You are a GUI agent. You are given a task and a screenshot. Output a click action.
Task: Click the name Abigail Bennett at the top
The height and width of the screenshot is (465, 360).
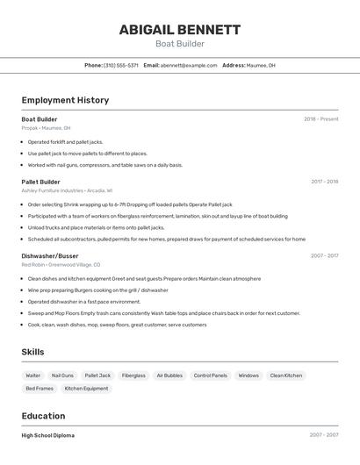tap(180, 30)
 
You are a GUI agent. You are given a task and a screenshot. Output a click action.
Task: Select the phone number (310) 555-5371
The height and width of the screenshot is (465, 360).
tap(120, 65)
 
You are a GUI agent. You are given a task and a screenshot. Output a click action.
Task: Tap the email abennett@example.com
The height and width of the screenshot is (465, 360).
tap(189, 65)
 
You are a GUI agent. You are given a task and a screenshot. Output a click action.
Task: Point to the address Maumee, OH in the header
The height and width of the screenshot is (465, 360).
tap(261, 65)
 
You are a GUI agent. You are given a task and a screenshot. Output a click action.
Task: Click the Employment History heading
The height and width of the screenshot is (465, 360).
tap(65, 100)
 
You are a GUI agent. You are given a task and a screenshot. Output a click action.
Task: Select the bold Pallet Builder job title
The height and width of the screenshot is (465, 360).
tap(41, 182)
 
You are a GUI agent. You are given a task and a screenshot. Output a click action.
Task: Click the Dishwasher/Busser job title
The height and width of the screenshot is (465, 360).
tap(50, 256)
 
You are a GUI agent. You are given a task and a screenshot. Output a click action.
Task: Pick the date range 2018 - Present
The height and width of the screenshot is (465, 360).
tap(320, 119)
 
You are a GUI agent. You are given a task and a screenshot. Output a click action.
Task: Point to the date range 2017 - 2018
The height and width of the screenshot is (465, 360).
tap(324, 182)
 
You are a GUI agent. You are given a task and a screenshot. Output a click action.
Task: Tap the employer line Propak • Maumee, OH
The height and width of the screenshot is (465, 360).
tap(46, 128)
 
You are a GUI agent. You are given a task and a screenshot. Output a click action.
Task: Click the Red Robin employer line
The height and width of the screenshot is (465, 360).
tap(61, 264)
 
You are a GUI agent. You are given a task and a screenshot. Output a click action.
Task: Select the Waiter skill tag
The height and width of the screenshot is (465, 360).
tap(33, 376)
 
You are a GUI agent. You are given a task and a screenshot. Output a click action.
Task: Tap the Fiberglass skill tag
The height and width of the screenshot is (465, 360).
tap(133, 376)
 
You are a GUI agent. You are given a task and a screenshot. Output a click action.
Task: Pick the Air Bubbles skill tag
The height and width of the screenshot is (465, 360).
tap(169, 376)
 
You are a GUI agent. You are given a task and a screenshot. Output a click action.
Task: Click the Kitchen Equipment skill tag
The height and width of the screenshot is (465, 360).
tap(86, 388)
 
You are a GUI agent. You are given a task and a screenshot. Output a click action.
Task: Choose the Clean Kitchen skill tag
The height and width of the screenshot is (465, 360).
tap(286, 376)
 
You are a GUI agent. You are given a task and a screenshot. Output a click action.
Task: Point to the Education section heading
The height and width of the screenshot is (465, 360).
tap(43, 416)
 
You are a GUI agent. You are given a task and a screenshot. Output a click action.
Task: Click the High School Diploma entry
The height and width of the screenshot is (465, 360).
tap(48, 435)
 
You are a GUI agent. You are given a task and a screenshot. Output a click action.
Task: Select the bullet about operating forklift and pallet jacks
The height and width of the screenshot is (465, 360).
tap(65, 141)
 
